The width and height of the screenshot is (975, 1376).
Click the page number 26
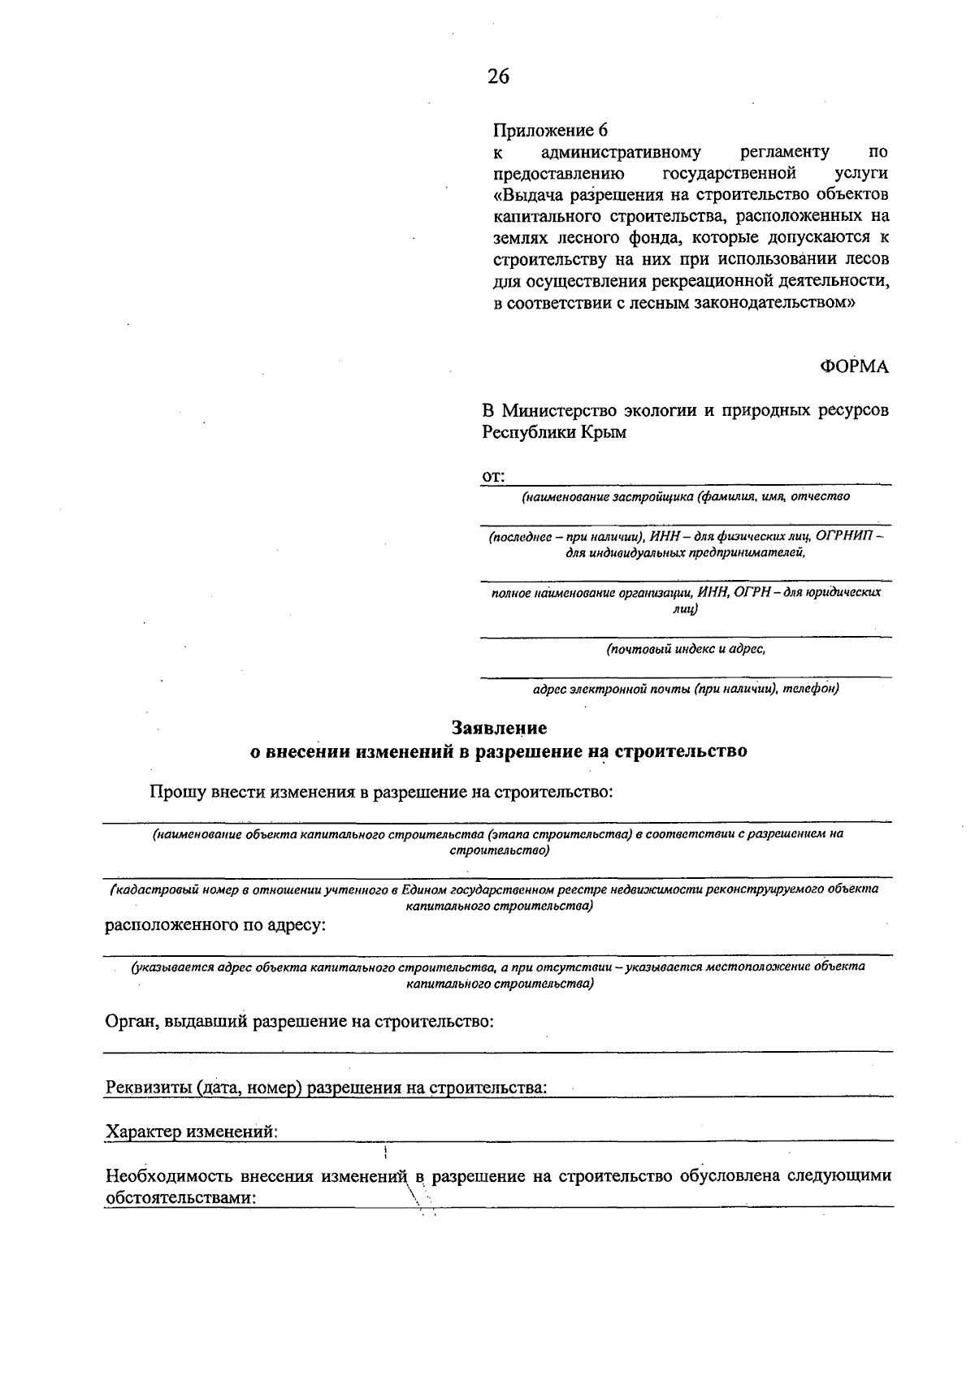[x=498, y=76]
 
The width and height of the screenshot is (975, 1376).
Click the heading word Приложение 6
[x=550, y=130]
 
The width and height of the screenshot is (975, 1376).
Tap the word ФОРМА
[x=854, y=367]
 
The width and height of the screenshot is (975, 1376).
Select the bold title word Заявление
[x=499, y=727]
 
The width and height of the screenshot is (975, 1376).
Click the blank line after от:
[x=699, y=480]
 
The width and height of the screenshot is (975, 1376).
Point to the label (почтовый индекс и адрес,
[x=685, y=649]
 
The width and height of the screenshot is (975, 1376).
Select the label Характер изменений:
[x=192, y=1131]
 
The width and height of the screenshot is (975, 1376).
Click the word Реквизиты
[x=149, y=1087]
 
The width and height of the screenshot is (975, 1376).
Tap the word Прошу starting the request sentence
[x=177, y=791]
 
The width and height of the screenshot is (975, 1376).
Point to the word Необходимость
[x=170, y=1175]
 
